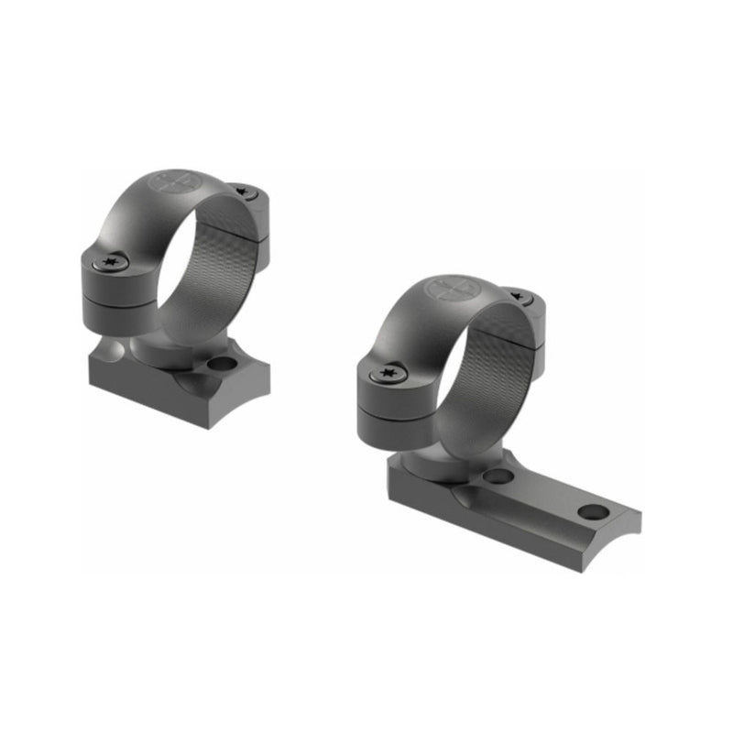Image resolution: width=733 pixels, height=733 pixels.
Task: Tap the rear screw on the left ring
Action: [x=244, y=191]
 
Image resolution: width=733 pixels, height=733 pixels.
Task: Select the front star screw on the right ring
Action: [x=388, y=373]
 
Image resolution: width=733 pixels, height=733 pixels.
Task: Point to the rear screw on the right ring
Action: [x=520, y=298]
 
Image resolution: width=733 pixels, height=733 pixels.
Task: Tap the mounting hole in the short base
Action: [x=220, y=365]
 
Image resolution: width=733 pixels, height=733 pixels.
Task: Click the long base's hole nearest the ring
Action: [x=498, y=476]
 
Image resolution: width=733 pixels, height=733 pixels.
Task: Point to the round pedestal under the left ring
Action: [x=156, y=352]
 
